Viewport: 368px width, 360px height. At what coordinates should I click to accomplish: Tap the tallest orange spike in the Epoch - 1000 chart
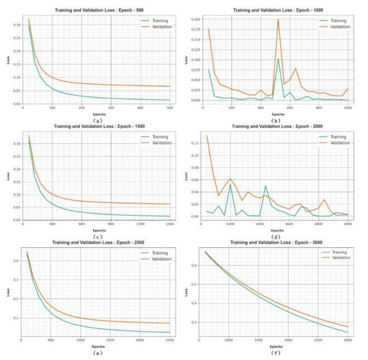click(x=278, y=19)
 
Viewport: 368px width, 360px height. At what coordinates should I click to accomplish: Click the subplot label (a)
click(x=98, y=120)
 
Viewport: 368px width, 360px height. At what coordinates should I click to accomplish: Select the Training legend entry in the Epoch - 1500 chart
click(x=159, y=137)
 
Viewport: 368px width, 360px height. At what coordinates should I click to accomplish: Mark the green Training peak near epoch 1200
click(x=230, y=185)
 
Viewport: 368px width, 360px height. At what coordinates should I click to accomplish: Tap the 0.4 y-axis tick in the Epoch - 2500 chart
click(x=15, y=261)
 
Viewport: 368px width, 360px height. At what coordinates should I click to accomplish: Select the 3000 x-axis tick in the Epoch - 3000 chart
click(x=348, y=340)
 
